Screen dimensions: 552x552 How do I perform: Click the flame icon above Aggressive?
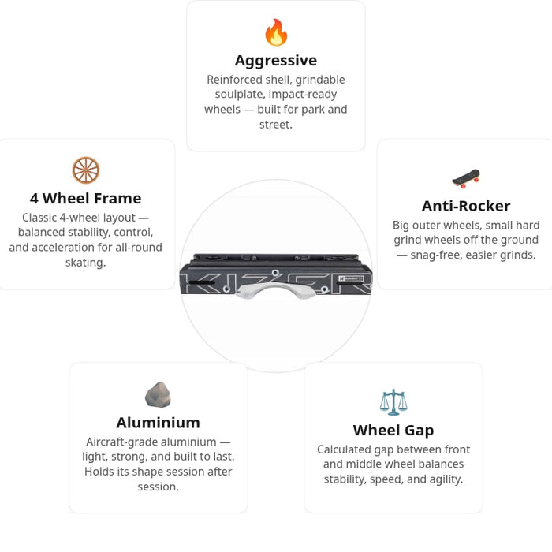click(x=276, y=32)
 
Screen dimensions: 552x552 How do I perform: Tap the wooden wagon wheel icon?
click(x=85, y=170)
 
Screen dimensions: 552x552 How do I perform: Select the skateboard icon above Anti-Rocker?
click(x=466, y=178)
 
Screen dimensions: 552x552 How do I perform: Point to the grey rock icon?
click(x=158, y=394)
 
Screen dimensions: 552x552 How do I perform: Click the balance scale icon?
click(x=393, y=402)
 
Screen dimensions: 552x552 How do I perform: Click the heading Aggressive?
click(x=276, y=61)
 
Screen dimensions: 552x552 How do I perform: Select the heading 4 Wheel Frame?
click(x=85, y=199)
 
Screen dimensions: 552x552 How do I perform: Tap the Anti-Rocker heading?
click(x=466, y=206)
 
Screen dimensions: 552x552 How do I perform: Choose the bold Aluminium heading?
click(x=158, y=423)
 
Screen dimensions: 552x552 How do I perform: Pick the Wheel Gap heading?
click(x=393, y=431)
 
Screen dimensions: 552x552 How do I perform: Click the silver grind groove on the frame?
click(x=276, y=290)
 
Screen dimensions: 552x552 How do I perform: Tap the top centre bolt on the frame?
click(x=275, y=273)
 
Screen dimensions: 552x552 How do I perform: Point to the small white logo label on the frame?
click(x=351, y=278)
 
